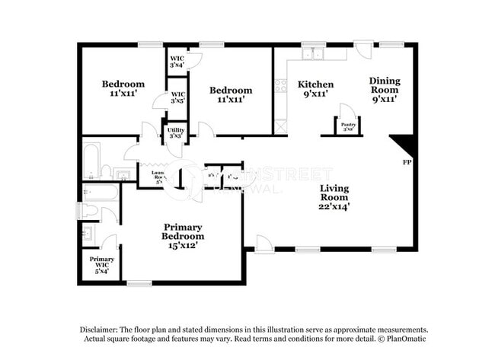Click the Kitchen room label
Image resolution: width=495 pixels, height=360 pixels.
tap(315, 84)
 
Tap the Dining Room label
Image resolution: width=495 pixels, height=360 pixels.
tap(385, 81)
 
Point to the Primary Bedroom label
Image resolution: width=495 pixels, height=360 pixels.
tap(183, 231)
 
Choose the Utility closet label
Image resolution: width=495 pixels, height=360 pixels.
tap(175, 130)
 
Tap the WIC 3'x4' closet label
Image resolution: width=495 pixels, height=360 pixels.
tap(177, 58)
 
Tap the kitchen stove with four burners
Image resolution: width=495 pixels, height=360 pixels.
tap(281, 85)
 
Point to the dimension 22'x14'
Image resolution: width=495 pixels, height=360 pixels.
tap(334, 205)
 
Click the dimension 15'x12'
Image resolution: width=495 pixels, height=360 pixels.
tap(183, 246)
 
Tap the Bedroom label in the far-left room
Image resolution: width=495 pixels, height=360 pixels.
tap(123, 84)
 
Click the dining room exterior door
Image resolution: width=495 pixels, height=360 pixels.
tap(364, 49)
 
